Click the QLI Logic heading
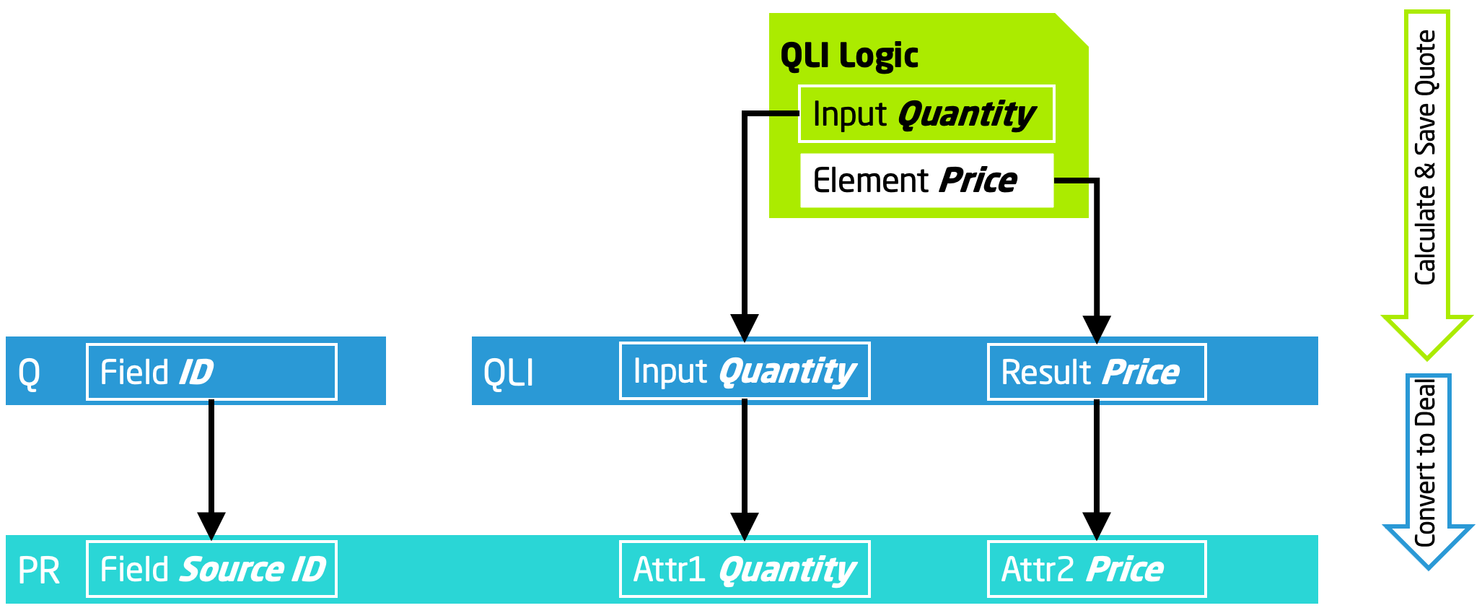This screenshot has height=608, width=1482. pos(849,56)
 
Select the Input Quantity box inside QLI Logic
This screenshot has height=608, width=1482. pos(926,114)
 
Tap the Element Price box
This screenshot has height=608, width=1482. pos(926,181)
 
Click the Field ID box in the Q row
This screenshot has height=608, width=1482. pos(211,372)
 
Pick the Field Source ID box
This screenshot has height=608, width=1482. pos(211,569)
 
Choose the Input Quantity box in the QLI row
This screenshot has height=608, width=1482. pos(745,371)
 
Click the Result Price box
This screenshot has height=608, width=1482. pos(1097,372)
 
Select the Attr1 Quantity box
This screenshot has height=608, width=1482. pos(745,569)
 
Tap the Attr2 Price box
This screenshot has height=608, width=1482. pos(1097,569)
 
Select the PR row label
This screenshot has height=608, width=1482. pos(38,570)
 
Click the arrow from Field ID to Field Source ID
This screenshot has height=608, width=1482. pos(211,462)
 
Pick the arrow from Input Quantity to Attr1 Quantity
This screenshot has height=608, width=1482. pos(745,462)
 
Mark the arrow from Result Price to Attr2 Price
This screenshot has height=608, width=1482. pos(1097,462)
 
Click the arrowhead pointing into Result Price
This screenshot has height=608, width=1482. pos(1097,329)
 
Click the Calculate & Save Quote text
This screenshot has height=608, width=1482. pos(1426,157)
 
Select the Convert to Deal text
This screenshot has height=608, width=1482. pos(1426,462)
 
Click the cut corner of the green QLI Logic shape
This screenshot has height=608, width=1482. pos(1072,30)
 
